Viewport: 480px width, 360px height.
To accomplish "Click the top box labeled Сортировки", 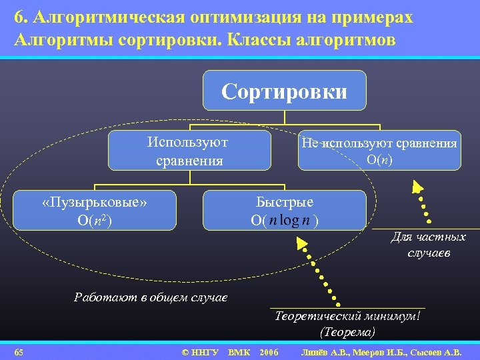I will [x=285, y=91].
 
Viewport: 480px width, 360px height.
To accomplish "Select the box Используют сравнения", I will [x=189, y=151].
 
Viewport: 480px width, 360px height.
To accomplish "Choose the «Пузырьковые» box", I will [x=94, y=211].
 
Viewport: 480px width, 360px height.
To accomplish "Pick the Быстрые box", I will [x=285, y=211].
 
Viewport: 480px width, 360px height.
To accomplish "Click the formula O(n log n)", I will [x=285, y=220].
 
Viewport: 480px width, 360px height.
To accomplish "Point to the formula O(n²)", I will [x=95, y=221].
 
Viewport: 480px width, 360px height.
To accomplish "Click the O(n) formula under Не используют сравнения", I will [x=379, y=160].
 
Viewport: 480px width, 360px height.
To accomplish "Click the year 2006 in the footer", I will [x=268, y=351].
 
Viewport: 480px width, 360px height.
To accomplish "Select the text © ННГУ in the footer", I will [x=200, y=351].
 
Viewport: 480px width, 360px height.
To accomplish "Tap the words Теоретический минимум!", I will [x=347, y=316].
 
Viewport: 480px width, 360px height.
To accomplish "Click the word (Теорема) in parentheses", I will [x=347, y=331].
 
